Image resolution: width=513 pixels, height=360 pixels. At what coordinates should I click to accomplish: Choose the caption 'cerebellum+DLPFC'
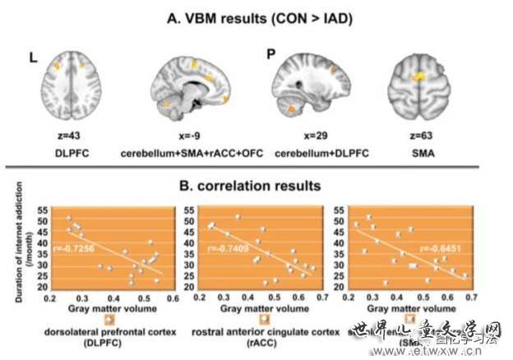coord(316,153)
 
